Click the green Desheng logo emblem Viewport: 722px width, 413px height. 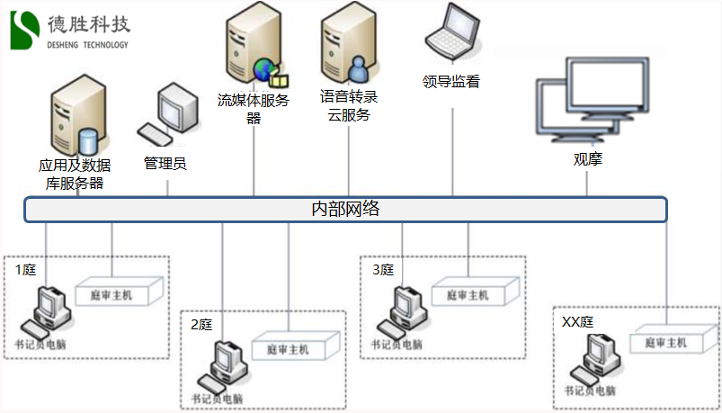point(26,30)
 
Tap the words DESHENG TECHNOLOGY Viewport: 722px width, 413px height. point(87,45)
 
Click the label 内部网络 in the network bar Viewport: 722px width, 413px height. point(345,210)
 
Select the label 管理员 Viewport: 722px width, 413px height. point(165,163)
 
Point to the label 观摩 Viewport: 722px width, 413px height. point(588,161)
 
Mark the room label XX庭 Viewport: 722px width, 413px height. point(577,321)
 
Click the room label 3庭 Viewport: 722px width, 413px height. point(383,269)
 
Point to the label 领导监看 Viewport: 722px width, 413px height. point(451,83)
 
